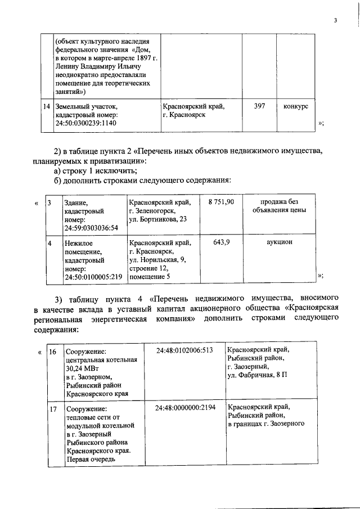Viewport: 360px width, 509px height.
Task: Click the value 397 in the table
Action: (x=259, y=106)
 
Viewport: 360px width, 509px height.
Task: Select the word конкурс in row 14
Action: (x=295, y=106)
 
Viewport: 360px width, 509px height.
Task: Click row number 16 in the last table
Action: (x=52, y=351)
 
